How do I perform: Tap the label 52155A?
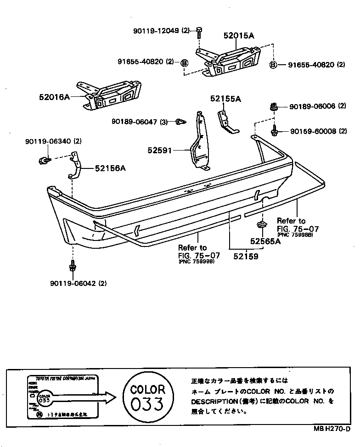click(x=226, y=98)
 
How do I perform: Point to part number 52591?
click(x=159, y=150)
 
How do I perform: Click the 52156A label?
click(x=110, y=168)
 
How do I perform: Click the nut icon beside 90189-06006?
click(x=273, y=107)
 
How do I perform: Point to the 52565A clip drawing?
click(x=261, y=225)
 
